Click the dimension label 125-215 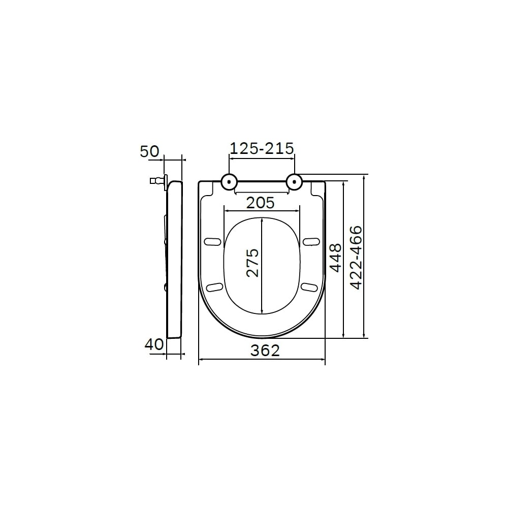(262, 148)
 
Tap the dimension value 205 (261, 203)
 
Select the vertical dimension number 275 (252, 263)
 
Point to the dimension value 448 (335, 258)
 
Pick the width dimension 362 (265, 350)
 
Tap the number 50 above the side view (149, 151)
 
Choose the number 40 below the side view (154, 344)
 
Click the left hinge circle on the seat (229, 182)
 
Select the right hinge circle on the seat (295, 182)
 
